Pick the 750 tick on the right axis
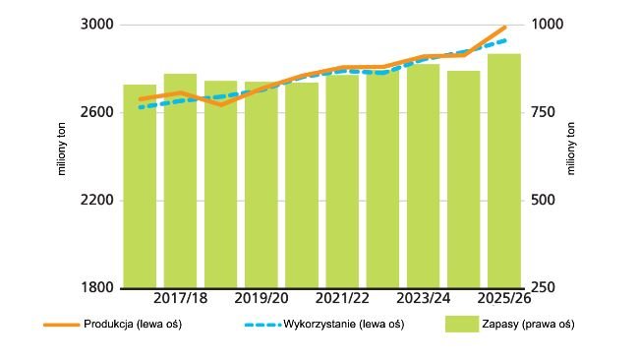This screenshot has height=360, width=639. coord(543,112)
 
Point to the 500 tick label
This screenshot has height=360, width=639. coord(543,201)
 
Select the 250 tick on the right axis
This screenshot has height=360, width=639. coord(543,288)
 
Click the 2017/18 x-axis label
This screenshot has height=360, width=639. coord(181,297)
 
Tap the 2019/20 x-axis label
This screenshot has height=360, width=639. coord(262,297)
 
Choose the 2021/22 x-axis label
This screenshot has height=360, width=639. coord(343,297)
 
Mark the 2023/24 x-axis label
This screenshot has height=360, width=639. coord(424,297)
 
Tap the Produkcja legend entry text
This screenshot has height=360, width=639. coord(145,324)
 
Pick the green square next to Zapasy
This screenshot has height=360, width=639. coord(460,324)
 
